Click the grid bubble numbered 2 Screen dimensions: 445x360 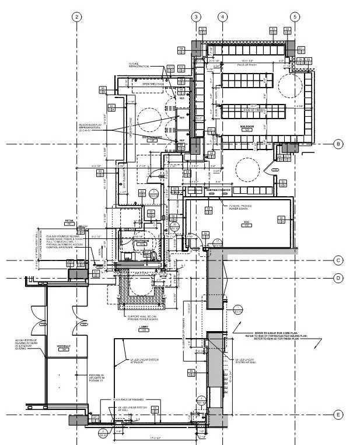[x=76, y=16]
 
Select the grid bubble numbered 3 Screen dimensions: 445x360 [x=197, y=16]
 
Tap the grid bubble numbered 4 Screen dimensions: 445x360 [x=222, y=16]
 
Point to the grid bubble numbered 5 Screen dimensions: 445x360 [x=295, y=16]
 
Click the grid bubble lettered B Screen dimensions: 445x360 [x=337, y=144]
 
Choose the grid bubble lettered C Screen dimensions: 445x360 [x=337, y=260]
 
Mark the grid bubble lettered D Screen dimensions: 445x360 [x=337, y=278]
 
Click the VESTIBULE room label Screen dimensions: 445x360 [x=64, y=346]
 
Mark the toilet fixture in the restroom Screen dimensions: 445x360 [x=155, y=255]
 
